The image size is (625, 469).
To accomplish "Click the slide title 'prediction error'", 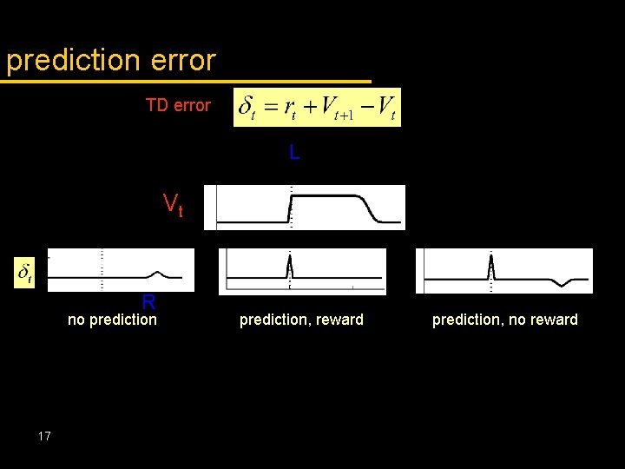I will tap(110, 60).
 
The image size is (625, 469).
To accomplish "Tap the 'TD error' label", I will tap(178, 105).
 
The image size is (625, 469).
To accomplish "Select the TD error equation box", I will tap(317, 107).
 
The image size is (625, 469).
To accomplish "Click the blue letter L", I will tap(294, 153).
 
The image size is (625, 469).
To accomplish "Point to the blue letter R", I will tap(148, 302).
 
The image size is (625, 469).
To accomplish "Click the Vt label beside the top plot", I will tap(173, 205).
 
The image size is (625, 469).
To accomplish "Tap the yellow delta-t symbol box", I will tap(26, 272).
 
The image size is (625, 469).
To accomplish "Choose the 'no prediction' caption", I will tap(112, 320).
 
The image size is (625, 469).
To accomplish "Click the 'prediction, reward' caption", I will tap(301, 320).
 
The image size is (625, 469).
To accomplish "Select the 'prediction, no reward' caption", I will tap(504, 320).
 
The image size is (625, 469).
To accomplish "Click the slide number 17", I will tap(45, 436).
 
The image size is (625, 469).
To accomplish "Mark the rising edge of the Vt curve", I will tap(290, 208).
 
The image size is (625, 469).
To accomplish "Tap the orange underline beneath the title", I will tap(186, 82).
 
